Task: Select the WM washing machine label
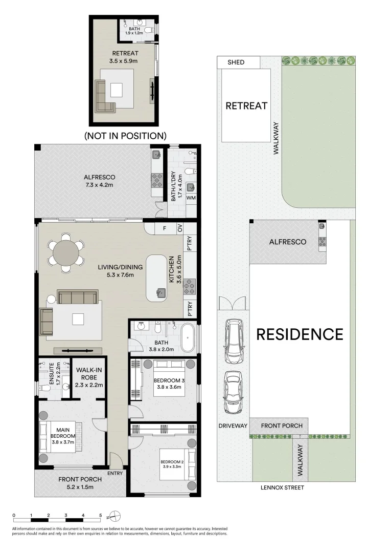tap(191, 198)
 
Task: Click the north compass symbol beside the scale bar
tap(116, 515)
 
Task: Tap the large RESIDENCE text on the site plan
tap(300, 334)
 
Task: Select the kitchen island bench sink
tap(160, 293)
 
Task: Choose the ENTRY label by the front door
tap(116, 473)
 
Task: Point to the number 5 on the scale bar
tap(101, 516)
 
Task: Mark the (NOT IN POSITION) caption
tap(125, 136)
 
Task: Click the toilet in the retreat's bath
tap(149, 31)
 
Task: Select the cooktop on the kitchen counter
tap(190, 286)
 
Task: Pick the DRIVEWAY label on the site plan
tap(233, 426)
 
